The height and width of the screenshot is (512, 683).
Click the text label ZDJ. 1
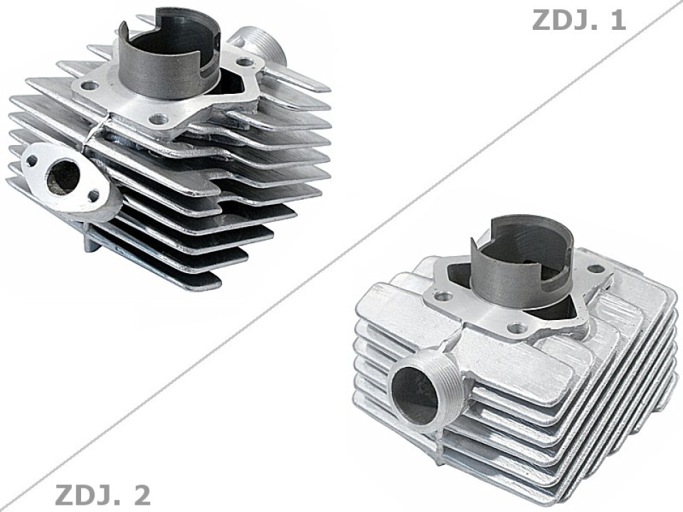[578, 20]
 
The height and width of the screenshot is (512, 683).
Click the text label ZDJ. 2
[102, 494]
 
